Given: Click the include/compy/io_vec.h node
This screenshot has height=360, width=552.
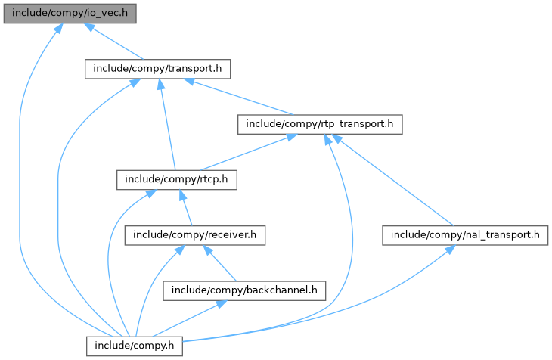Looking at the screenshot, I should pos(70,13).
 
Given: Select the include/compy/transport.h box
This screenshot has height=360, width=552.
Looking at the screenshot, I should pos(157,69).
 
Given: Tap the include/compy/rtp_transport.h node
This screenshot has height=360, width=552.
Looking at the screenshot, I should pos(319,124).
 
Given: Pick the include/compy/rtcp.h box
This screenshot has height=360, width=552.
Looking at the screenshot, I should pos(176,179).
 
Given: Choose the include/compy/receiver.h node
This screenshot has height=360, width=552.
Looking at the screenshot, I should pos(195,235).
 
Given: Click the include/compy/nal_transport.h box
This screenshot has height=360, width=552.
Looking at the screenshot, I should pos(465,235).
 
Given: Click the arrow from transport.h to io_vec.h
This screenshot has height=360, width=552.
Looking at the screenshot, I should pos(113,41).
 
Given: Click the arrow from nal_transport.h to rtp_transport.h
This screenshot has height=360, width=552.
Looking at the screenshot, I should pos(392,180).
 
